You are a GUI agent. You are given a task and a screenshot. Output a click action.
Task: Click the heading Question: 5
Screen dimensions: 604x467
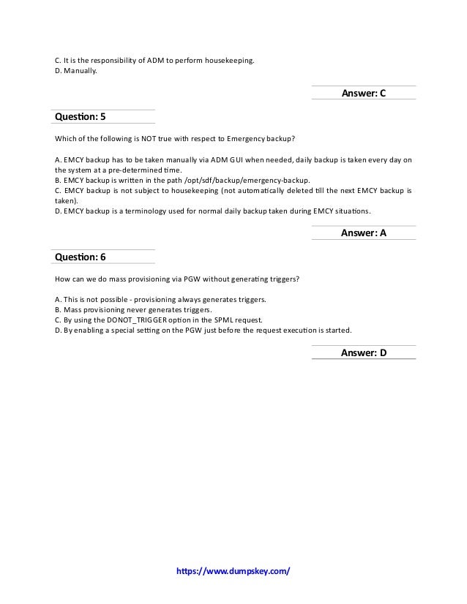(x=81, y=117)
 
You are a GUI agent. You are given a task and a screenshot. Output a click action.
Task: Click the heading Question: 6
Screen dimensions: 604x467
(x=81, y=257)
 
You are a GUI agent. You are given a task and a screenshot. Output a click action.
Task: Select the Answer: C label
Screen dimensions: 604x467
(x=363, y=93)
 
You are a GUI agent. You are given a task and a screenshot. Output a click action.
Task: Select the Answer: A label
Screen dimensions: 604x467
(x=363, y=233)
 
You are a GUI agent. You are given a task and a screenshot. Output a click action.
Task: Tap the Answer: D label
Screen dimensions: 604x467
(x=363, y=353)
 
